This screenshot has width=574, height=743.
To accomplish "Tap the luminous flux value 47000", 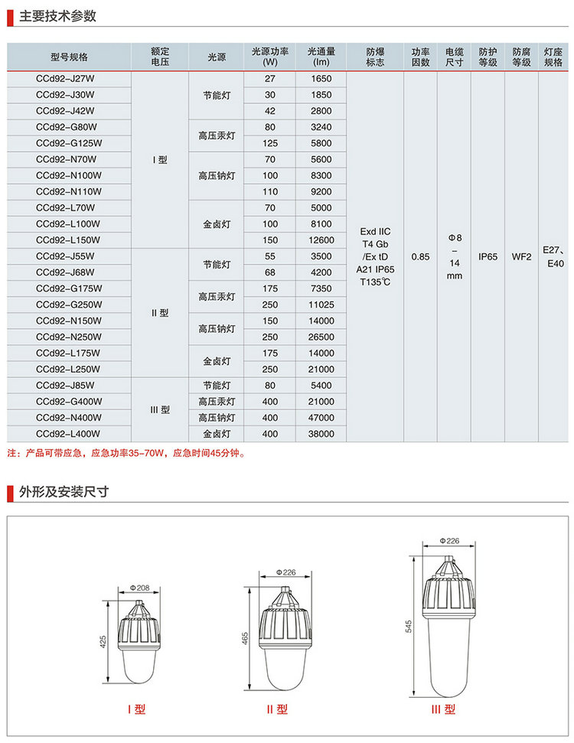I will tap(321, 418).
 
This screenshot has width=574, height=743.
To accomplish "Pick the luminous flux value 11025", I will tap(321, 305).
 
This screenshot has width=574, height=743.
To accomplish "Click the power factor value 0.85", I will tap(420, 256).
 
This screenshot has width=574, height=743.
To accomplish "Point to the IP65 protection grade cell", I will tap(488, 256).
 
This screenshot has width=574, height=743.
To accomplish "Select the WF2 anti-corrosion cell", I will tap(521, 256).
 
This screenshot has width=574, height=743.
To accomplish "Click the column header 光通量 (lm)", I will tap(321, 57).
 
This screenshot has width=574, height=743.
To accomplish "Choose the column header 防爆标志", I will tap(375, 57).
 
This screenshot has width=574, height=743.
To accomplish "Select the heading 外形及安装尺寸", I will tap(64, 491).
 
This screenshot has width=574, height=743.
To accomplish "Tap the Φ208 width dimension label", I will tap(139, 587).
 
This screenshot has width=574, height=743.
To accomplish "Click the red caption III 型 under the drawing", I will tap(442, 709).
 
